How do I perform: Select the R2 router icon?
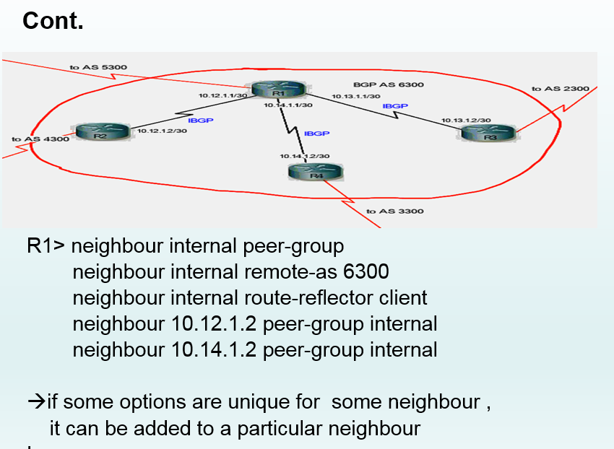pyautogui.click(x=100, y=133)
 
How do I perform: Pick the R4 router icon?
pyautogui.click(x=316, y=172)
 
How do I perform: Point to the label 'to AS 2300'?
pyautogui.click(x=561, y=89)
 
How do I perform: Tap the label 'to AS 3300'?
pyautogui.click(x=395, y=211)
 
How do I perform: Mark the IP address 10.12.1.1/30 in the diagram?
pyautogui.click(x=223, y=95)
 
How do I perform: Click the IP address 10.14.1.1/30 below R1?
pyautogui.click(x=287, y=105)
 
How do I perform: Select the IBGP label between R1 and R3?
pyautogui.click(x=395, y=106)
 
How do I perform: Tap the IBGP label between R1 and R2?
pyautogui.click(x=200, y=121)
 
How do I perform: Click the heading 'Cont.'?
pyautogui.click(x=53, y=21)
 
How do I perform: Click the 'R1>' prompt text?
pyautogui.click(x=47, y=246)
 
